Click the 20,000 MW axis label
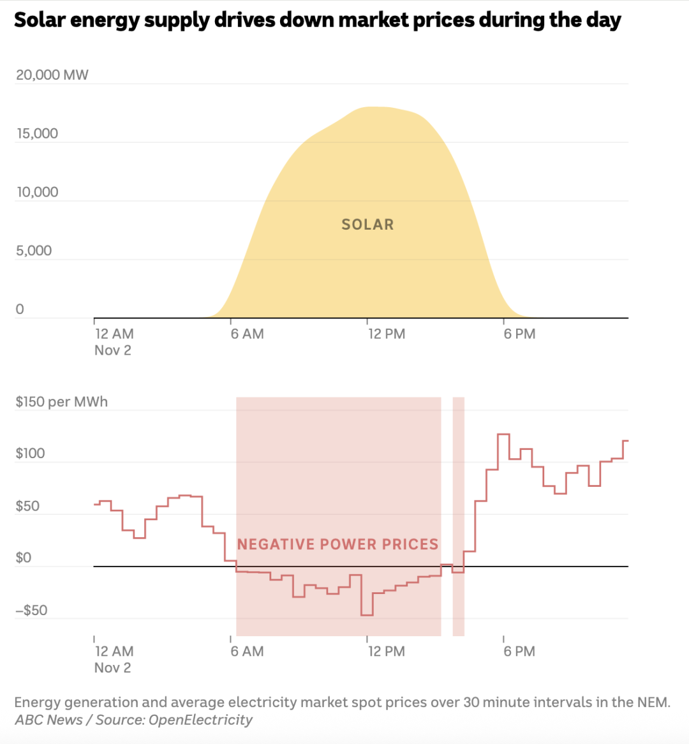click(x=52, y=75)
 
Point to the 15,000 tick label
click(x=37, y=133)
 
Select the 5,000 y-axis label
click(x=34, y=251)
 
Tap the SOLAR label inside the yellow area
click(x=367, y=225)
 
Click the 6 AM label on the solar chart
click(x=247, y=334)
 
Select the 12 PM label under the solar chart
click(x=386, y=334)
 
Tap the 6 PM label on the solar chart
click(x=519, y=334)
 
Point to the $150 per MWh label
click(x=62, y=402)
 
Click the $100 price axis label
click(x=31, y=454)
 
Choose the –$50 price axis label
click(x=31, y=611)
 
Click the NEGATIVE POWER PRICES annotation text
click(x=338, y=544)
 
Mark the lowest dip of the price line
click(x=367, y=614)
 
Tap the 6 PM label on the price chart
click(x=519, y=651)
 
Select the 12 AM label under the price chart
click(x=114, y=651)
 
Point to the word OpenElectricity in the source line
click(x=200, y=720)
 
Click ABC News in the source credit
click(x=48, y=720)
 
